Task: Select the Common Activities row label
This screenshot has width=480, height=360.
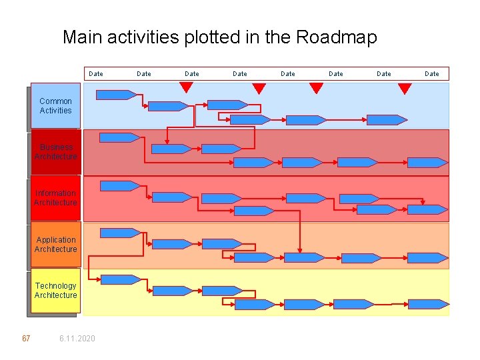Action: (55, 106)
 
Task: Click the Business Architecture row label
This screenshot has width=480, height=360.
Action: (55, 152)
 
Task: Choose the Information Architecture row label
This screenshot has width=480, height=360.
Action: (55, 198)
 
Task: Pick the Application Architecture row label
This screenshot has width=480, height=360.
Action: (55, 245)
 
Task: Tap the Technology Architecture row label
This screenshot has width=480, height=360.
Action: (55, 291)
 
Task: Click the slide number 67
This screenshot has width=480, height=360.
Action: (26, 339)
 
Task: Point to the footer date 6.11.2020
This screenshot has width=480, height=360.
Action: (77, 339)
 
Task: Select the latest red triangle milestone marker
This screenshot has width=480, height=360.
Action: (404, 88)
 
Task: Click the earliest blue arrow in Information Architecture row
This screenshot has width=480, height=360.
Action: (119, 185)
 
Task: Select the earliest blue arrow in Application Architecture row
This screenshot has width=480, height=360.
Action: (119, 233)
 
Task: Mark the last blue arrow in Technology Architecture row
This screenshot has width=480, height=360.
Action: (427, 304)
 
